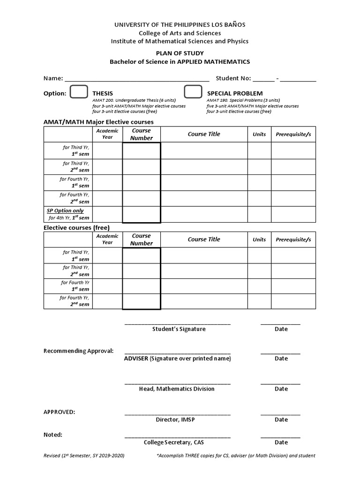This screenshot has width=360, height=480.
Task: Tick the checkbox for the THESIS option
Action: pyautogui.click(x=78, y=92)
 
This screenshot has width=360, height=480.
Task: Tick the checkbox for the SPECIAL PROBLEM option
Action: pyautogui.click(x=193, y=92)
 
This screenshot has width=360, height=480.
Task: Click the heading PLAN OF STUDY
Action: pyautogui.click(x=180, y=53)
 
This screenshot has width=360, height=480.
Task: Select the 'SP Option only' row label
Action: pyautogui.click(x=65, y=211)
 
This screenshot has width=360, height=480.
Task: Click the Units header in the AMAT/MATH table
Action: pyautogui.click(x=259, y=134)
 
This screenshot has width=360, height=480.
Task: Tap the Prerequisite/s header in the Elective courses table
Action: pyautogui.click(x=293, y=240)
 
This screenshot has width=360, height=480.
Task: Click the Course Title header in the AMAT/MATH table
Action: pyautogui.click(x=204, y=134)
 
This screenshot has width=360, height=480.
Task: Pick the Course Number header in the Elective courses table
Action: pyautogui.click(x=142, y=240)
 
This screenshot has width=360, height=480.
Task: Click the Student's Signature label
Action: pyautogui.click(x=179, y=329)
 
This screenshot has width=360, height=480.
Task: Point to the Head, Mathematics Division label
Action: pyautogui.click(x=177, y=389)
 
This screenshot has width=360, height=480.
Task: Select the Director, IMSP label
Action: pyautogui.click(x=175, y=420)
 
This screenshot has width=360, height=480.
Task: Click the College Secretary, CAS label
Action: pyautogui.click(x=174, y=442)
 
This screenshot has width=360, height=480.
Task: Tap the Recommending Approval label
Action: pyautogui.click(x=78, y=351)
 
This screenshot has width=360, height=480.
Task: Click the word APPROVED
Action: pyautogui.click(x=59, y=412)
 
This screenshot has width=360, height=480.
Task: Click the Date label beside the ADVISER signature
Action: pyautogui.click(x=281, y=359)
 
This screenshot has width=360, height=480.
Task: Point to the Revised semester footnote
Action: pyautogui.click(x=84, y=456)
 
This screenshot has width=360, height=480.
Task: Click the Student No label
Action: pyautogui.click(x=233, y=78)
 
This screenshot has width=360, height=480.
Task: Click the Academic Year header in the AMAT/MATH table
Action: pyautogui.click(x=107, y=134)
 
